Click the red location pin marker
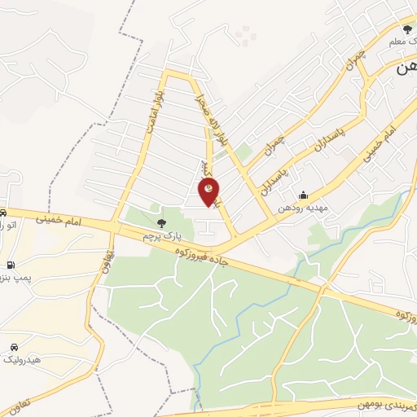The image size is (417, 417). coord(209,192)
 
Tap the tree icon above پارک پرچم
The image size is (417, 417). coord(162,222)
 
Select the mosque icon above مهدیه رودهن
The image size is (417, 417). coord(303,195)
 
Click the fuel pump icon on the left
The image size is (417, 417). coord(10,265)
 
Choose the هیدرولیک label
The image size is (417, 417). coord(20,358)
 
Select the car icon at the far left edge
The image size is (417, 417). coord(3,211)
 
